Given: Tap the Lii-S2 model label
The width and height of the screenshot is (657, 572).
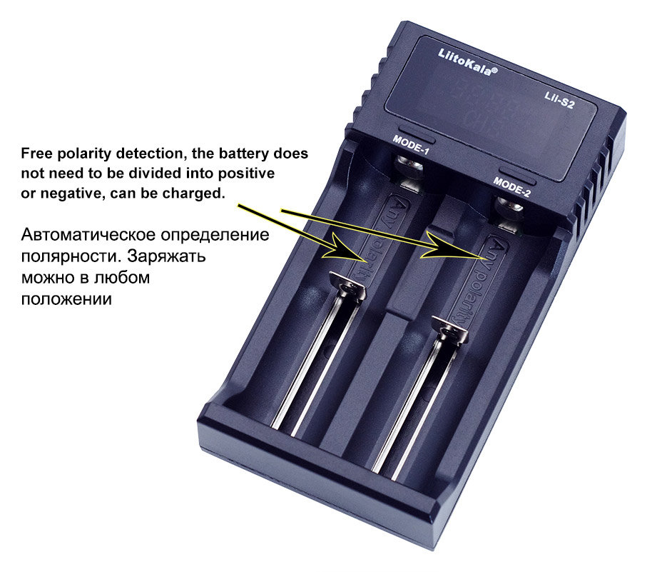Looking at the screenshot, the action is click(559, 100).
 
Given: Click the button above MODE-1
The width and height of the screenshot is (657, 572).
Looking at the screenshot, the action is click(416, 133).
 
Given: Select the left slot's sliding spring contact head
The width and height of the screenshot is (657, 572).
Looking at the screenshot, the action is click(348, 285).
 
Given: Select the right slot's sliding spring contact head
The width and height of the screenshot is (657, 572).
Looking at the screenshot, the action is click(450, 330).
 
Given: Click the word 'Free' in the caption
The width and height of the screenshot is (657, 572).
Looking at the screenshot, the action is click(37, 154).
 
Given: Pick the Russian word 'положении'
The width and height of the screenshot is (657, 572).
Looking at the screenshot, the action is click(66, 299).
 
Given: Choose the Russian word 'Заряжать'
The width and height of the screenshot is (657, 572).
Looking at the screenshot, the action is click(166, 256).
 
